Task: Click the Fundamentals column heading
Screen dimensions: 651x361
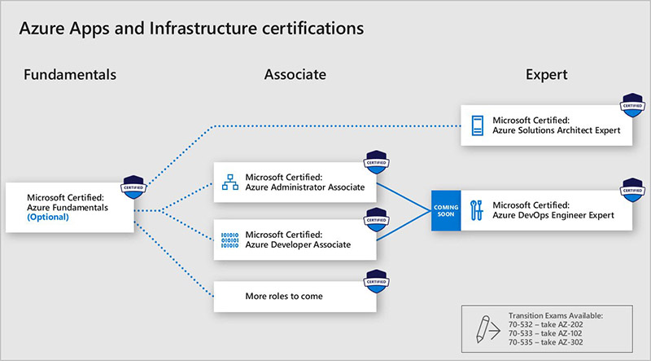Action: [x=70, y=75]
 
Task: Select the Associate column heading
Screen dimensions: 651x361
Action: [x=295, y=75]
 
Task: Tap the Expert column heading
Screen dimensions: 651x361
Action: [x=546, y=75]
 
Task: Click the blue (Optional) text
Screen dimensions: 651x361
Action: [x=48, y=217]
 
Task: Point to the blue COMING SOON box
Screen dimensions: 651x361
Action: [x=446, y=210]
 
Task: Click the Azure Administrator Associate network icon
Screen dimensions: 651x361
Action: [x=230, y=183]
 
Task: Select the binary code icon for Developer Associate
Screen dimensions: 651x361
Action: [x=230, y=240]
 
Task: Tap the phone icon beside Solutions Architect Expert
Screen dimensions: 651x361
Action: [x=478, y=125]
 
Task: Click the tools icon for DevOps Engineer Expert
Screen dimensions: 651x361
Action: [x=477, y=210]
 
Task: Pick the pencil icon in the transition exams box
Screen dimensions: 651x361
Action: [x=483, y=328]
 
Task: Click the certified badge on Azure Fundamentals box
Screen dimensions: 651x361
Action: [x=133, y=187]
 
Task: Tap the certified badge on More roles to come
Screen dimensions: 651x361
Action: [x=377, y=282]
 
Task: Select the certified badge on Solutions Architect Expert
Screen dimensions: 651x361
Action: [x=633, y=105]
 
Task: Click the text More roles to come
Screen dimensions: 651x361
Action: [x=284, y=296]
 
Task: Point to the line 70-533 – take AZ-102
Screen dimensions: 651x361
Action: [x=545, y=333]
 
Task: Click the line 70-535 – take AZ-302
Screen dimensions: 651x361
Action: [x=545, y=342]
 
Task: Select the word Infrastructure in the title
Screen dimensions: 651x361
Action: [x=203, y=29]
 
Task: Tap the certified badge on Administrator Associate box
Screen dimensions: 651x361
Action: [x=377, y=162]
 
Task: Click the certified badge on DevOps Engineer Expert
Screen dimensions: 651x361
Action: [x=633, y=190]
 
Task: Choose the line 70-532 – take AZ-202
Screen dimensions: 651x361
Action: [x=545, y=324]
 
